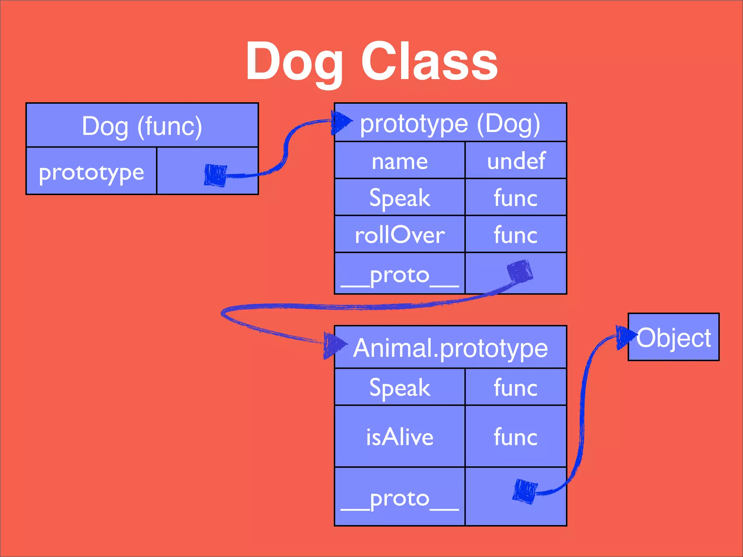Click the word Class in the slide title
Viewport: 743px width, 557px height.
429,62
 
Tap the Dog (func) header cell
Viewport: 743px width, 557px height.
142,126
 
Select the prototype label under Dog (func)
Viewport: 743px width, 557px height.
91,172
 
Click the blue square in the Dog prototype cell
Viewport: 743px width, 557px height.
215,176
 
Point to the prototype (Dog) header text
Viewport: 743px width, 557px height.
450,124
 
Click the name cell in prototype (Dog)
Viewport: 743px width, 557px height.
399,161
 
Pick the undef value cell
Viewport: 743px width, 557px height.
516,161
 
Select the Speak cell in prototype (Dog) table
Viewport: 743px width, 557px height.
399,198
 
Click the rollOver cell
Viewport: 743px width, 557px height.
399,235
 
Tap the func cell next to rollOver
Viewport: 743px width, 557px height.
516,235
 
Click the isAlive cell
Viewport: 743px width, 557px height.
399,437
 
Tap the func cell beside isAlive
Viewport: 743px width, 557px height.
516,437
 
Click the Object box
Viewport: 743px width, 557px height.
674,337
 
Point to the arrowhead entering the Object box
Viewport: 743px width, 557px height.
625,337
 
